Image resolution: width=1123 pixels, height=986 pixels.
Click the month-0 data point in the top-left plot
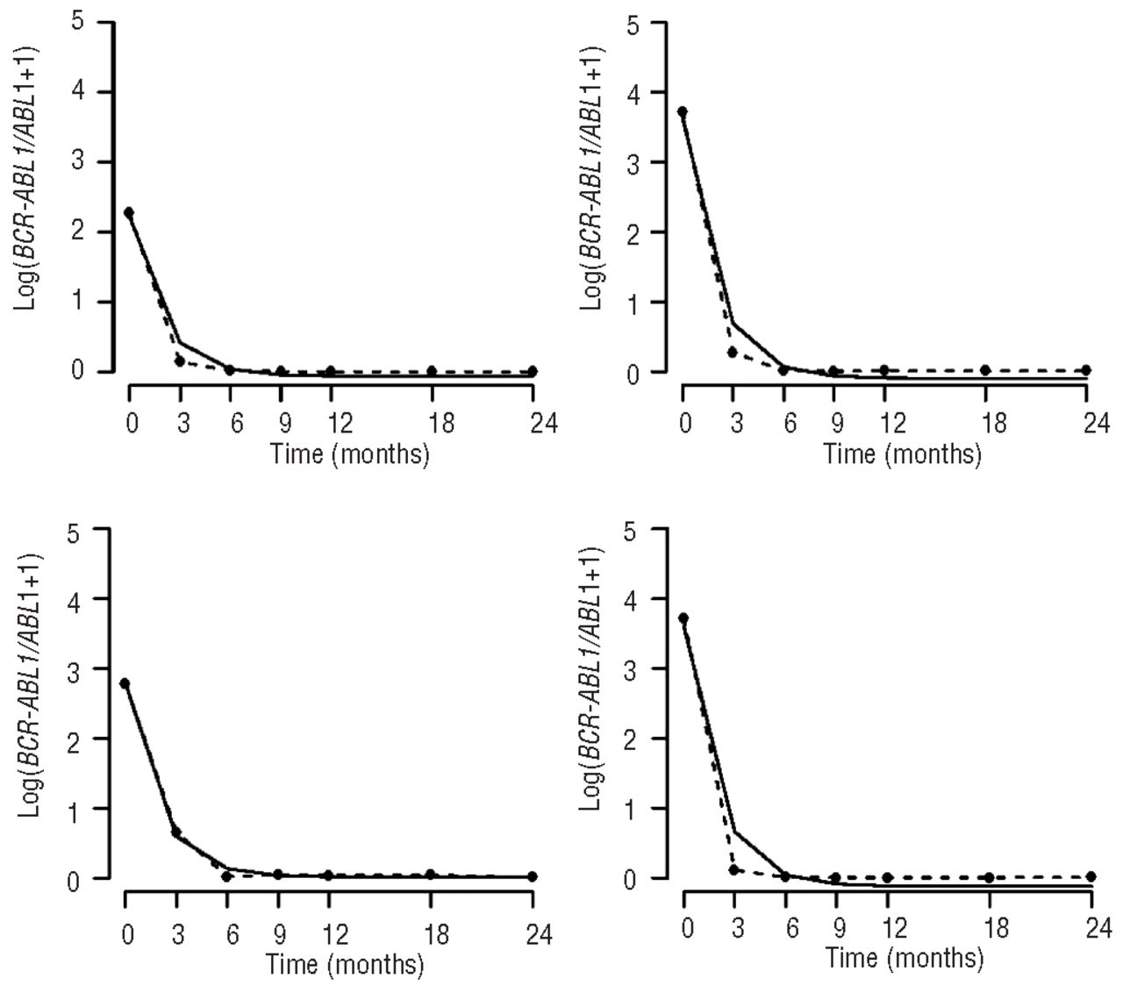click(x=129, y=212)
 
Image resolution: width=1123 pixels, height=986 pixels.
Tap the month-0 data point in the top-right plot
click(x=683, y=111)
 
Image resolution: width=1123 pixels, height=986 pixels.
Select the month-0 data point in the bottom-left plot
click(x=125, y=683)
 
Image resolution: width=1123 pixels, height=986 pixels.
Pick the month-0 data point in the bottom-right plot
click(x=683, y=618)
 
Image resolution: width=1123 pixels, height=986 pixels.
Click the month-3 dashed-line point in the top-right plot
click(x=733, y=352)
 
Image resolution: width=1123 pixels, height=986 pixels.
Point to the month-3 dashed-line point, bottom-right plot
click(x=733, y=869)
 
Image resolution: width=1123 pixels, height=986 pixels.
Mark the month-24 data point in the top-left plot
click(x=533, y=371)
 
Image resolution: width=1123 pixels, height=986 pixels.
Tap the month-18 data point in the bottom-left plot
click(x=430, y=874)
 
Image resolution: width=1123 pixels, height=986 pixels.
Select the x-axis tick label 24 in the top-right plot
click(x=1094, y=425)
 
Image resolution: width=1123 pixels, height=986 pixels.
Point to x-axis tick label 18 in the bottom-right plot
click(x=996, y=929)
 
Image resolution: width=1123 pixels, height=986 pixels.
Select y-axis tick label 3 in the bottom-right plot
click(x=630, y=669)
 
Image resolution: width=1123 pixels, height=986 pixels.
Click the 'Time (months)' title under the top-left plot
click(x=350, y=454)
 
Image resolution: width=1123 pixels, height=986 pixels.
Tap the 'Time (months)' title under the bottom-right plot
click(x=904, y=958)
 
